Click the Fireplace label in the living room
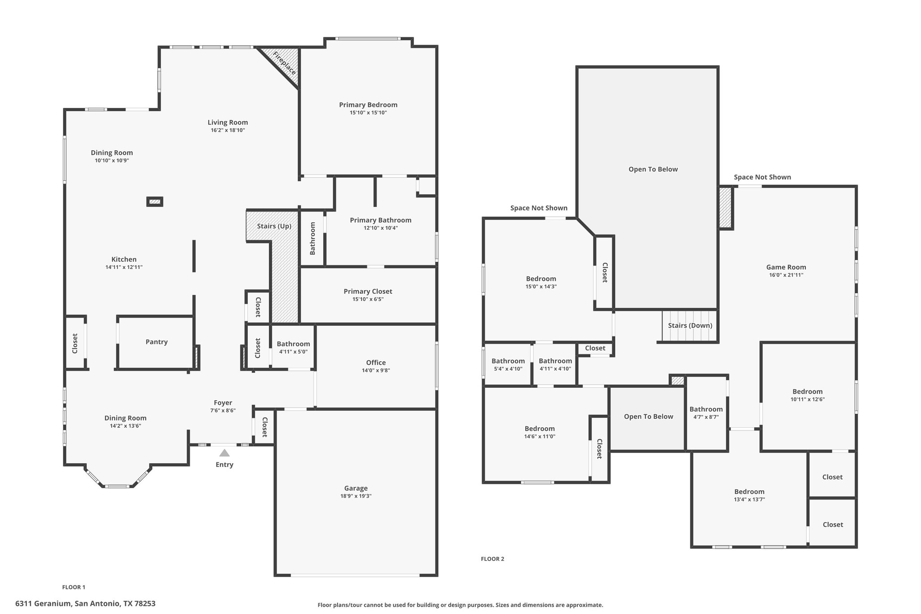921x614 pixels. click(284, 64)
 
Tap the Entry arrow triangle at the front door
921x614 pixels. click(224, 453)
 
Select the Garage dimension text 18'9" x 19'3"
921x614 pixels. click(356, 496)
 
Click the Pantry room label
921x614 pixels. click(156, 342)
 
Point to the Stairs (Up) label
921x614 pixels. click(274, 226)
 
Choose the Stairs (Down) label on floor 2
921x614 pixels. click(690, 325)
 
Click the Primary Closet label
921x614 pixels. click(368, 291)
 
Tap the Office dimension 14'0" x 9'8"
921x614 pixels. click(376, 370)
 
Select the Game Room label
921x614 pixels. click(786, 267)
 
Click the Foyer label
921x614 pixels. click(223, 403)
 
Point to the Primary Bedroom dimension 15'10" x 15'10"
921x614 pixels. click(368, 112)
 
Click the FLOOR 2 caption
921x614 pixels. click(492, 559)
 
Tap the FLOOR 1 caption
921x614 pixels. click(74, 587)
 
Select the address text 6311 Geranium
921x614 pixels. click(43, 604)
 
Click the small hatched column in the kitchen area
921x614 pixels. click(155, 202)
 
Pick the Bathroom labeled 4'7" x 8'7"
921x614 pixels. click(706, 409)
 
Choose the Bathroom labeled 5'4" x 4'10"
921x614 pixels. click(508, 361)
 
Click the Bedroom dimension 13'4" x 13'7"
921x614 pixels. click(749, 499)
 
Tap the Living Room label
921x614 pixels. click(228, 122)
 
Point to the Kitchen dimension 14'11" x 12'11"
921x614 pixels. click(124, 267)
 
